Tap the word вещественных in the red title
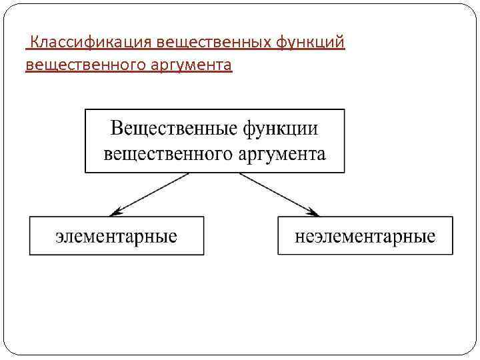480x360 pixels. pyautogui.click(x=213, y=43)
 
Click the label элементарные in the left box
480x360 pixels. pyautogui.click(x=117, y=236)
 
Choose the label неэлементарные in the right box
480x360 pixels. pyautogui.click(x=365, y=236)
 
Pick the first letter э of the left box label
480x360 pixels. pyautogui.click(x=60, y=237)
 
